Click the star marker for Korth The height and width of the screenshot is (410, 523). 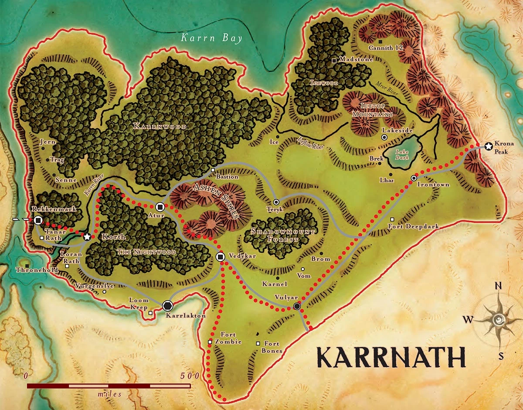[x=87, y=236]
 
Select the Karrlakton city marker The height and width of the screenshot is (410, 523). [x=167, y=306]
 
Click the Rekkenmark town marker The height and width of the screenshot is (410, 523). [x=38, y=221]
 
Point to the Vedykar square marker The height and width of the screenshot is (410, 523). [x=221, y=256]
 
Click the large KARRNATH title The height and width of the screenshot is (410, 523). [x=391, y=358]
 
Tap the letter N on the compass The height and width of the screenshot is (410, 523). [x=500, y=286]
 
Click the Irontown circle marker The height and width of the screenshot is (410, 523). [x=414, y=178]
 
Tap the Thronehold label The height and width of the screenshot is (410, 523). [x=31, y=270]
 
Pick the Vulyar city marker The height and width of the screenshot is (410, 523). [x=297, y=307]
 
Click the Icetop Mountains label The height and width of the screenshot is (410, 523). [x=377, y=109]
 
